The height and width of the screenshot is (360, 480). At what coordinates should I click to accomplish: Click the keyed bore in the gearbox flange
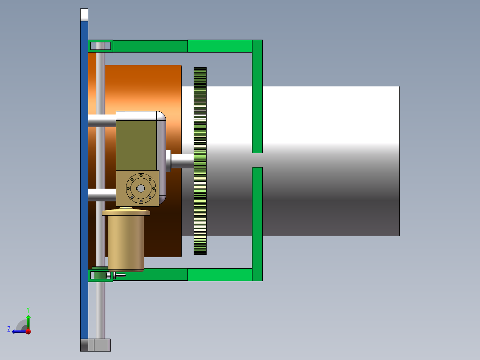140,188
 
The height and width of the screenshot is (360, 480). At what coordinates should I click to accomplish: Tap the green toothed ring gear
200,161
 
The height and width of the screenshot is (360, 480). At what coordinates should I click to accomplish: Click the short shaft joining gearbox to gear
183,161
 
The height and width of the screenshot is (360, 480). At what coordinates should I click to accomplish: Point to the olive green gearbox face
136,145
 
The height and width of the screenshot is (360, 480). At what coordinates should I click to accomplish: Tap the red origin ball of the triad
28,331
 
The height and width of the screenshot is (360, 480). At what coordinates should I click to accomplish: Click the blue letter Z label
9,329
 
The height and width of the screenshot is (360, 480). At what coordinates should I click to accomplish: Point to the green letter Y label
28,309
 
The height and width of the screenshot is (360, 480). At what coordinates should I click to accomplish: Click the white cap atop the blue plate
84,15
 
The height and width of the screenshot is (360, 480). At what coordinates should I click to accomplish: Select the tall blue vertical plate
84,178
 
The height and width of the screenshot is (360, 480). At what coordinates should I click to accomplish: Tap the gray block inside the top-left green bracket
101,46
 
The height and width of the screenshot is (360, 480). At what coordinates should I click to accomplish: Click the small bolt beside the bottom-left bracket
119,275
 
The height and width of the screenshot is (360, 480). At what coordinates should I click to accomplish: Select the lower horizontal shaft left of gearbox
102,195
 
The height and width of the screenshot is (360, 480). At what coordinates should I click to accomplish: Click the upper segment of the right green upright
257,96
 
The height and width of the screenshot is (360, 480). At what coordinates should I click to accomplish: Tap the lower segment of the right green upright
257,223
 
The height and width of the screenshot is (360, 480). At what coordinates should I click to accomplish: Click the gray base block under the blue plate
96,345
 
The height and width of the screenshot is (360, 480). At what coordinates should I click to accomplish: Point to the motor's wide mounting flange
126,213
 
